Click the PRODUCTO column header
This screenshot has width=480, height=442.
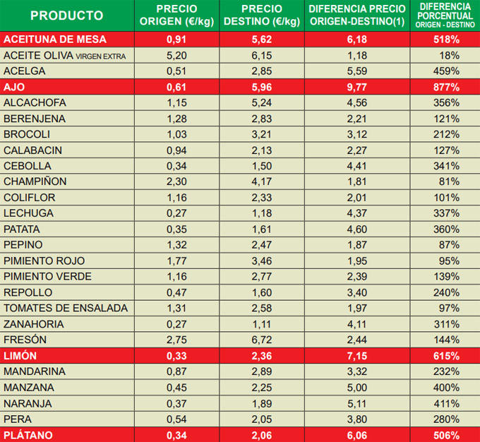[x=67, y=15]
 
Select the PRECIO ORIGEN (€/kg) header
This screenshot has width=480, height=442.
[x=177, y=15]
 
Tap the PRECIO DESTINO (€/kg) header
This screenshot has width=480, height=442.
[x=262, y=15]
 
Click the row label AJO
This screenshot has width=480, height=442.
[x=15, y=87]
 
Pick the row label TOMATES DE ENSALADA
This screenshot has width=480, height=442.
[x=66, y=308]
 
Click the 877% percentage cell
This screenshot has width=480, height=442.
[x=446, y=87]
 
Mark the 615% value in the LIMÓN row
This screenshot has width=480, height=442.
[x=446, y=355]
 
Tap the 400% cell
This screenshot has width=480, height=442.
[x=446, y=387]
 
